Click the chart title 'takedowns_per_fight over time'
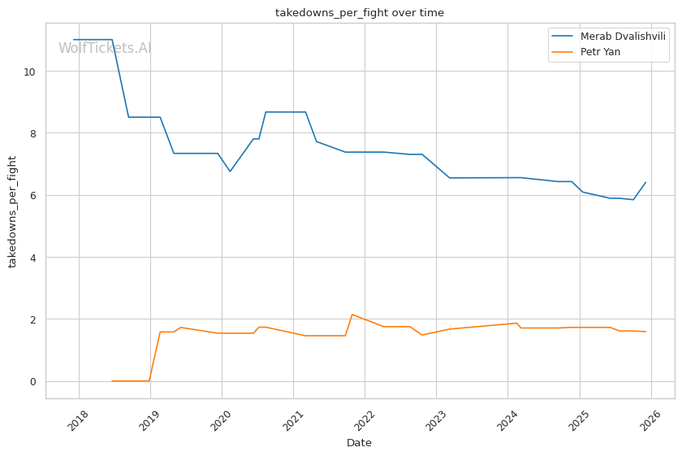pyautogui.click(x=359, y=13)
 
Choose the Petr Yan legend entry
pyautogui.click(x=600, y=52)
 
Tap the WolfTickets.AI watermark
pyautogui.click(x=105, y=49)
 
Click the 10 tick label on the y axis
pyautogui.click(x=30, y=72)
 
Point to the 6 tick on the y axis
pyautogui.click(x=33, y=196)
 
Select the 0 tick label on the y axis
pyautogui.click(x=33, y=381)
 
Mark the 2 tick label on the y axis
pyautogui.click(x=33, y=319)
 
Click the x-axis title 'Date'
pyautogui.click(x=359, y=443)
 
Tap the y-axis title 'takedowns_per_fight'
pyautogui.click(x=12, y=211)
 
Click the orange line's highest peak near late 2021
pyautogui.click(x=352, y=315)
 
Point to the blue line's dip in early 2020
pyautogui.click(x=230, y=171)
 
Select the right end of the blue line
pyautogui.click(x=645, y=182)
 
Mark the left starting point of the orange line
pyautogui.click(x=112, y=380)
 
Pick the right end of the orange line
pyautogui.click(x=645, y=332)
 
